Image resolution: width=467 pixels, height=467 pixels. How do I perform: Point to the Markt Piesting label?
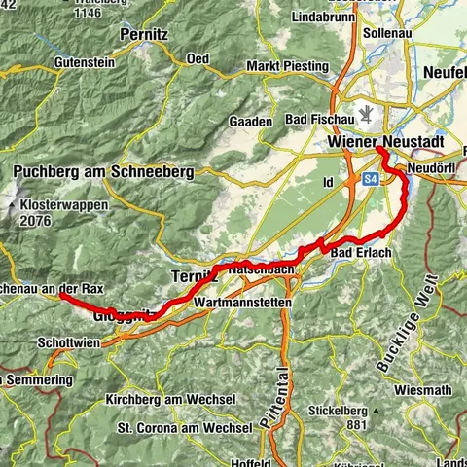(x=286, y=65)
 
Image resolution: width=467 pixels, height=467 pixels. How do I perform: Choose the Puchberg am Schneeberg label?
(x=103, y=171)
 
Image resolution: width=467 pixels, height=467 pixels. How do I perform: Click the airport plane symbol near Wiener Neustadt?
(x=366, y=115)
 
